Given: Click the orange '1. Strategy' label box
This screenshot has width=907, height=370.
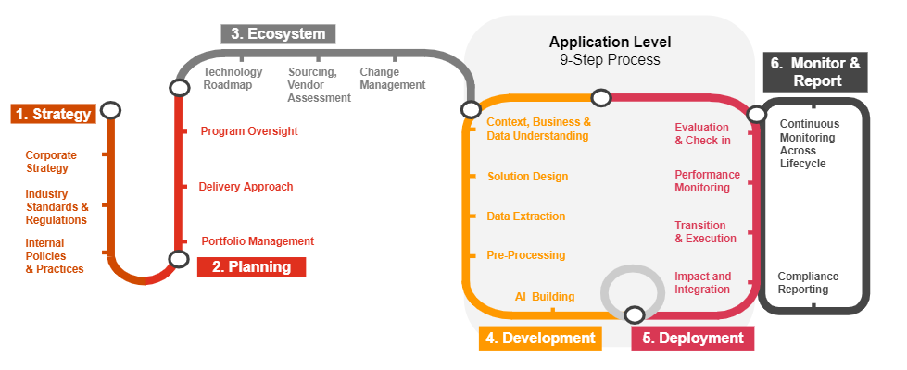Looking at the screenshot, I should tap(54, 115).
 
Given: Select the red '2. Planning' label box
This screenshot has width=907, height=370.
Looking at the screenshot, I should tap(251, 267).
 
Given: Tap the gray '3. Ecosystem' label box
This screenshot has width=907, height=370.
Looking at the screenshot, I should tap(278, 34).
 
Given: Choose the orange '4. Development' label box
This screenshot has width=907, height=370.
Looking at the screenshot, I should tap(540, 339).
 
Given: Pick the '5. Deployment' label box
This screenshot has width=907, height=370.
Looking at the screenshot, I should tap(692, 339).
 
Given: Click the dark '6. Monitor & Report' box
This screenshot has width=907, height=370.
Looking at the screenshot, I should tap(815, 72).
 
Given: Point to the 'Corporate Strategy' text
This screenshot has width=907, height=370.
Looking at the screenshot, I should tap(51, 162).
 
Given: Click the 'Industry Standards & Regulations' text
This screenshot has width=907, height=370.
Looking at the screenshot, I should tap(57, 207).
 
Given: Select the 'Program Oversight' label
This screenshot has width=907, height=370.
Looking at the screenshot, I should tap(249, 131).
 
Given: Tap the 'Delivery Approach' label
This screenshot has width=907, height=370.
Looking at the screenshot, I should tap(246, 187).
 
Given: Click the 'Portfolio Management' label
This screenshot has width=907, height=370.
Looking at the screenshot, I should tap(258, 241).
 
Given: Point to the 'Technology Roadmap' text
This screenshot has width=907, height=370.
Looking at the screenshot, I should tap(233, 79).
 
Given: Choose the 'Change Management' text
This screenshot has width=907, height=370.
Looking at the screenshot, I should tap(392, 79).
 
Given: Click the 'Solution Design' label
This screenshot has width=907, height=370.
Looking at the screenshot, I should tap(527, 177).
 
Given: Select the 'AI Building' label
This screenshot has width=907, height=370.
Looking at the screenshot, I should tap(545, 297).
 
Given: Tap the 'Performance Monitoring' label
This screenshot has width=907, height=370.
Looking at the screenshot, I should tap(707, 181).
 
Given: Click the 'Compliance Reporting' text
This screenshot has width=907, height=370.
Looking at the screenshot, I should tap(808, 283).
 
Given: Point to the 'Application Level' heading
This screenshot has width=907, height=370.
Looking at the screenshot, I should tap(610, 42).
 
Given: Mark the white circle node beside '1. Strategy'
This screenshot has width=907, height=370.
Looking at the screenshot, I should tap(111, 110).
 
